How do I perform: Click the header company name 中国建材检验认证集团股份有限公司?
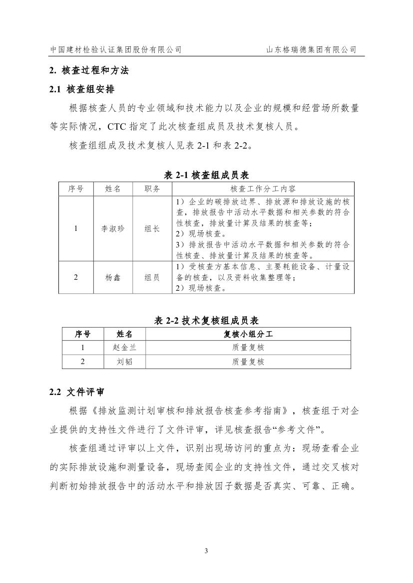click(x=116, y=50)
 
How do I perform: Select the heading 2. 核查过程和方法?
click(x=89, y=71)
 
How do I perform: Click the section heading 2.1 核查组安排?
click(x=82, y=90)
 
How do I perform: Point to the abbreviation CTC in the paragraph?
click(x=118, y=127)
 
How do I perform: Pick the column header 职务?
click(x=152, y=189)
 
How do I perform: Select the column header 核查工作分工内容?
click(x=263, y=189)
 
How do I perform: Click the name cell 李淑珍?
click(x=113, y=228)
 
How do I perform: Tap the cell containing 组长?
click(x=152, y=228)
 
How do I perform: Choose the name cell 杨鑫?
click(x=113, y=277)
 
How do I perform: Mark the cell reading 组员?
click(x=152, y=277)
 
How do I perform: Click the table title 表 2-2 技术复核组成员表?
click(x=206, y=320)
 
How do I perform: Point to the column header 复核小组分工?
click(x=248, y=334)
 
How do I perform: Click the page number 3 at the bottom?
click(x=206, y=551)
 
